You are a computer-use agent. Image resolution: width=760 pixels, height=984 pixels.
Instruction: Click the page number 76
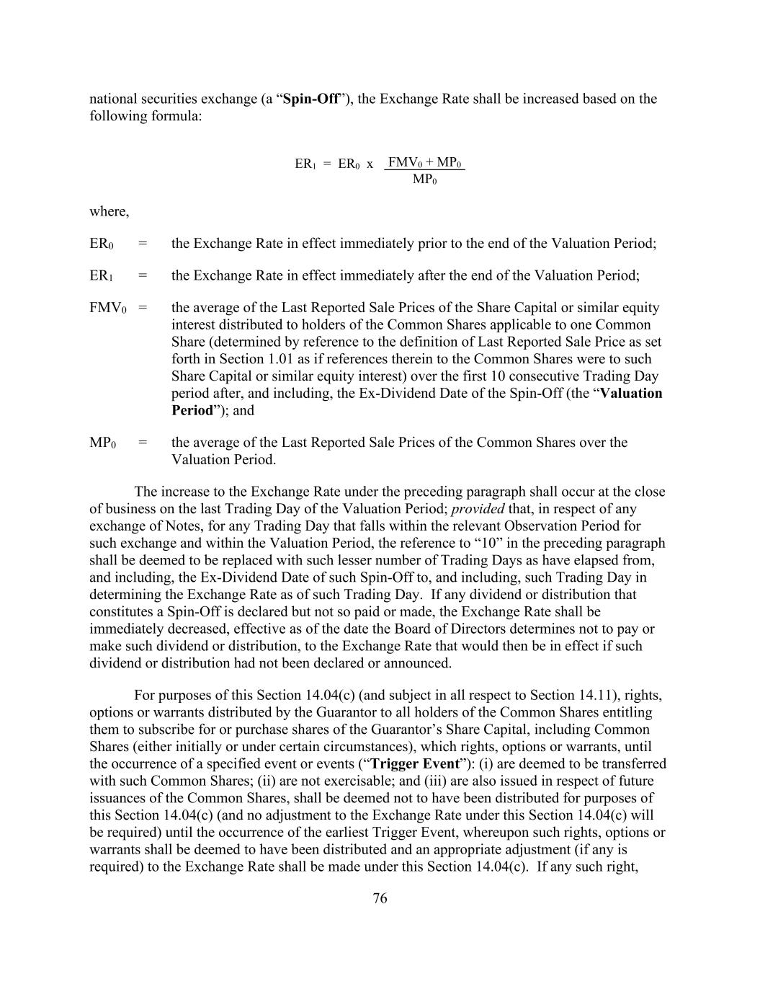click(380, 898)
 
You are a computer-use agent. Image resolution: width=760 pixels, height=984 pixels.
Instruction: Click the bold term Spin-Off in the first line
click(311, 99)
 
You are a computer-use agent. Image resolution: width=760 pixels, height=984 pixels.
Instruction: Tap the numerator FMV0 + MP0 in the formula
click(424, 162)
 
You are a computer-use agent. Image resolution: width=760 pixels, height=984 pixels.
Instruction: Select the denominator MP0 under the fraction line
click(424, 179)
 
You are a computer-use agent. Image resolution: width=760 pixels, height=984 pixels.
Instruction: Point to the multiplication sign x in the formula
click(370, 164)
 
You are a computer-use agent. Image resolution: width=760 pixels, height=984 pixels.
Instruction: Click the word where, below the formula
click(109, 212)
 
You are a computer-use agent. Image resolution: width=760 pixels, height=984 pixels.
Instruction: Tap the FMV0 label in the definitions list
click(107, 308)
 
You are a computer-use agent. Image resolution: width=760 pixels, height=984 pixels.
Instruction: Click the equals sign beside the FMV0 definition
click(143, 308)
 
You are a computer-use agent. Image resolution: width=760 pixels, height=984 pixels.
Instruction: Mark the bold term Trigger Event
click(414, 764)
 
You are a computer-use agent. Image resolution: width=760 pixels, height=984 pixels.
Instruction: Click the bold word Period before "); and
click(192, 411)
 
